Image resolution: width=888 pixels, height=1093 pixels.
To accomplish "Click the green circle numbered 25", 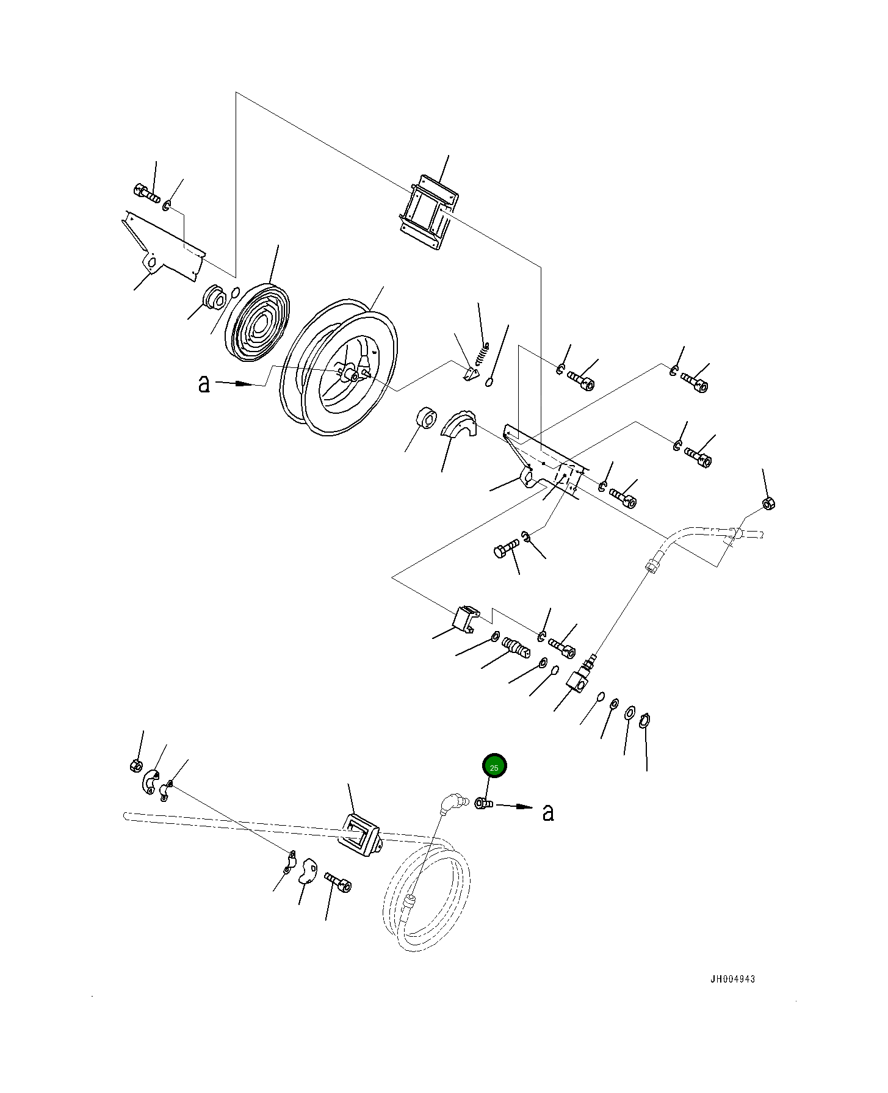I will [494, 767].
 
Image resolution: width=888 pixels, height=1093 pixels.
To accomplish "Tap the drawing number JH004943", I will [732, 979].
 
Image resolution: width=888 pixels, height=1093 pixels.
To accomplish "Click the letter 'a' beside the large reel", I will [204, 383].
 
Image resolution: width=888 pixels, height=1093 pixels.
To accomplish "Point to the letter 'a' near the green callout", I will [548, 812].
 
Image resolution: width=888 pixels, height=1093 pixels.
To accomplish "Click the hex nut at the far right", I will [770, 503].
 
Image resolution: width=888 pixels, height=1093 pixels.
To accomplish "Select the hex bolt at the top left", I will [145, 193].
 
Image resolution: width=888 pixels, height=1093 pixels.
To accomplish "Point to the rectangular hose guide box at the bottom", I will [359, 834].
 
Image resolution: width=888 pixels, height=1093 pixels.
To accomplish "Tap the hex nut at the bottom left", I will [137, 765].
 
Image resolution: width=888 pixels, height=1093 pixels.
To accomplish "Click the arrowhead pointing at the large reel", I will [244, 384].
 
